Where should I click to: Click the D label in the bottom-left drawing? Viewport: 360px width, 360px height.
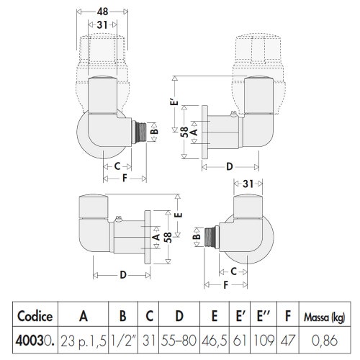point(123,275)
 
